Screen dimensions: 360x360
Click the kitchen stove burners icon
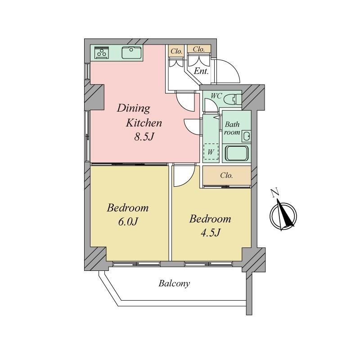coord(102,53)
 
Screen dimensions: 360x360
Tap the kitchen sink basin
coord(131,53)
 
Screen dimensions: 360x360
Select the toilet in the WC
coord(233,99)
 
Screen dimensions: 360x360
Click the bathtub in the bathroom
coord(237,153)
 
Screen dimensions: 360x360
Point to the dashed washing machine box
coord(211,152)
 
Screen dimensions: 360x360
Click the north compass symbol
coord(283,215)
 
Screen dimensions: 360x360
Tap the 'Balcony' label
coord(174,283)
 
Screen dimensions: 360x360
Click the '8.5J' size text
coord(144,137)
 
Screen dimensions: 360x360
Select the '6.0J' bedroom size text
coord(128,222)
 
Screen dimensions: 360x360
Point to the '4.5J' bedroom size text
coord(211,233)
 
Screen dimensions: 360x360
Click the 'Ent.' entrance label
coord(201,71)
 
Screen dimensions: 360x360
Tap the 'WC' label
coord(216,96)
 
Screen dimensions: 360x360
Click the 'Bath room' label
coord(232,128)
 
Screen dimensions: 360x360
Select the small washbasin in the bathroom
coord(247,136)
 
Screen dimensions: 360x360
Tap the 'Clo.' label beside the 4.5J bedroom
coord(226,175)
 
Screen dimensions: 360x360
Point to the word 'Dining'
coord(134,108)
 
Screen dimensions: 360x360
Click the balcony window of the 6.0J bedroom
coord(137,264)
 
